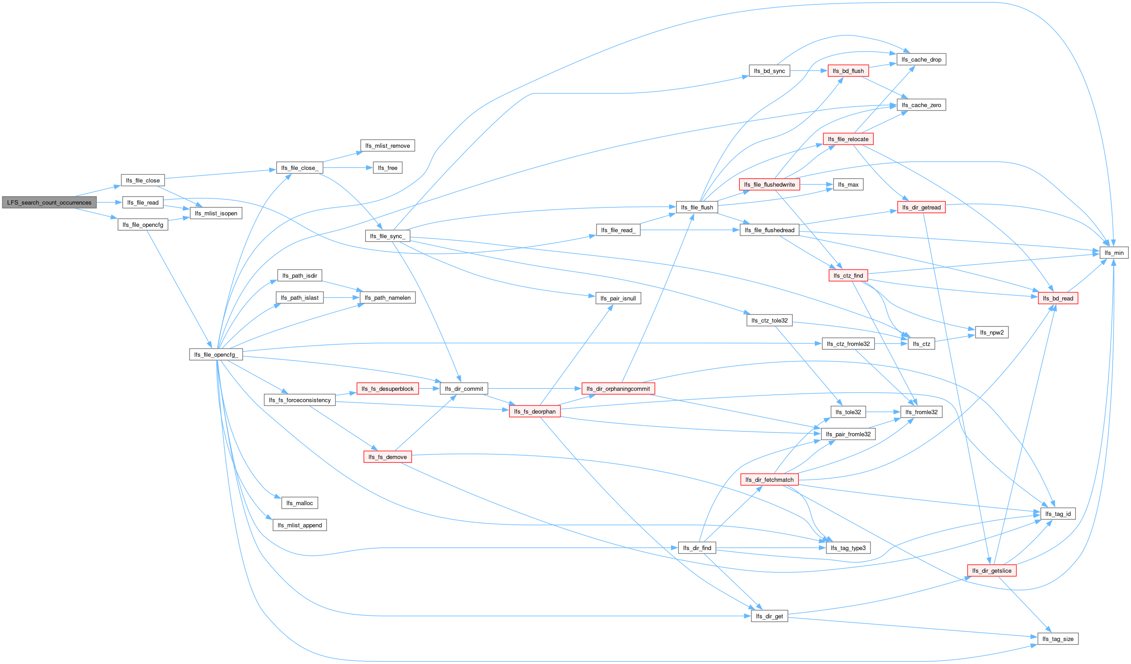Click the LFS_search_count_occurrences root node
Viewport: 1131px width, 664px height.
(49, 202)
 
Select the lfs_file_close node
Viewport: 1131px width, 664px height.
(143, 180)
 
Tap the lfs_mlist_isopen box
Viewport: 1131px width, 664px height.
(216, 213)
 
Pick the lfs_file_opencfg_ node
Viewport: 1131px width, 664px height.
(216, 355)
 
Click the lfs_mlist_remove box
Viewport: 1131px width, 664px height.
(387, 146)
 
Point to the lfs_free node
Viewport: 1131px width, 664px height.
(387, 168)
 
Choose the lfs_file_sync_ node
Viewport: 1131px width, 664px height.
(387, 236)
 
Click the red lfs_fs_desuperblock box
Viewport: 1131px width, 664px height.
(387, 389)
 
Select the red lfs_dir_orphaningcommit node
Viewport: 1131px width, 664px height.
(618, 389)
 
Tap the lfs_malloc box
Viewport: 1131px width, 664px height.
(300, 503)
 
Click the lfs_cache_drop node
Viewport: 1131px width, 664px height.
(921, 60)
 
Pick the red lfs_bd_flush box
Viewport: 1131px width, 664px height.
(848, 71)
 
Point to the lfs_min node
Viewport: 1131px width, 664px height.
(1114, 253)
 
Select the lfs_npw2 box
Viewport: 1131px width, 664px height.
(991, 333)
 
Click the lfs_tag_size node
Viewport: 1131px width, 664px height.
(1058, 639)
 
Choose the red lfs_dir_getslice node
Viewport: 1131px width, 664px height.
(992, 571)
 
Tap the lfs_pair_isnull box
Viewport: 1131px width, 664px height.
(618, 299)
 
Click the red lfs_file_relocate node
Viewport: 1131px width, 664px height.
(848, 139)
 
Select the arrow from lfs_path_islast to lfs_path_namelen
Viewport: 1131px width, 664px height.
(341, 298)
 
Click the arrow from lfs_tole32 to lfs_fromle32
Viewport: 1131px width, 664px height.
(883, 412)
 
